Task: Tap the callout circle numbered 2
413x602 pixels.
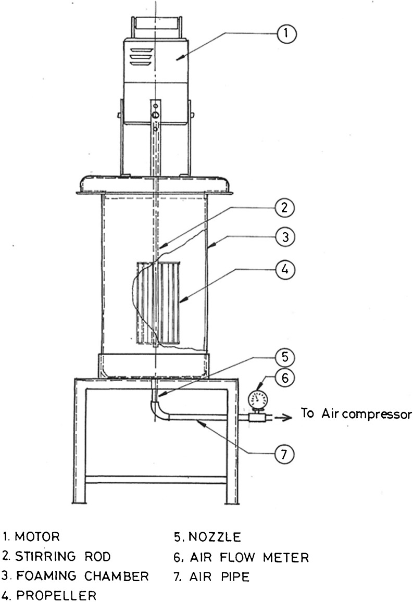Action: pos(285,209)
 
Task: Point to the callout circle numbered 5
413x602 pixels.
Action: pos(284,357)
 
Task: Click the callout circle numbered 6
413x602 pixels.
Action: pos(284,378)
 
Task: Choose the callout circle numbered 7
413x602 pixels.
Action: pos(285,454)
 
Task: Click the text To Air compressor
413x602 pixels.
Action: pos(356,413)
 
